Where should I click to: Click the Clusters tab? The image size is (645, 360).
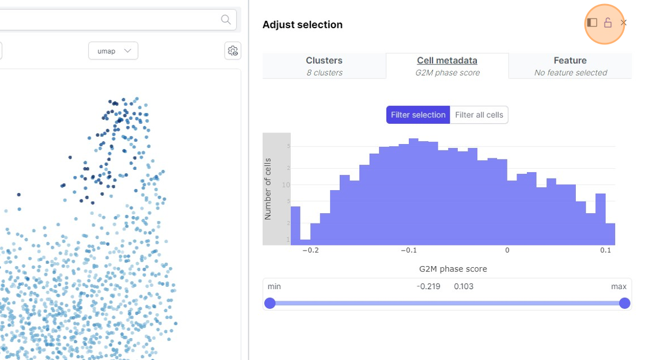(x=324, y=66)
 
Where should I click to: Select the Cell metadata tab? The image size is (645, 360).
(x=447, y=66)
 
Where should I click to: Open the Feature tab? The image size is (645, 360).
(x=570, y=66)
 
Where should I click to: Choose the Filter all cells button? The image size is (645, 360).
(x=479, y=115)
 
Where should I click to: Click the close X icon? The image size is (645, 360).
(x=624, y=23)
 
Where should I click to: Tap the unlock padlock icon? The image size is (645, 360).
(x=608, y=23)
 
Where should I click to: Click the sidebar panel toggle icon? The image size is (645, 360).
(x=592, y=23)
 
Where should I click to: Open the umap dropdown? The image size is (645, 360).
(x=113, y=51)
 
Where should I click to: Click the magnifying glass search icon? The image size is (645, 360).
(x=226, y=20)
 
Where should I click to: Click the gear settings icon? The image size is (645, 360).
(x=233, y=51)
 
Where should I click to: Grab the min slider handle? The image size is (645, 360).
(x=270, y=303)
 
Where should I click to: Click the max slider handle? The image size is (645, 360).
(x=625, y=303)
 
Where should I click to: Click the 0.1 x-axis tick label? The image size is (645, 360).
(x=605, y=251)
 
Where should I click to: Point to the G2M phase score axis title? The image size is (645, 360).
(x=453, y=269)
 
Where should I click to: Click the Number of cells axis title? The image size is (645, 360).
(x=268, y=188)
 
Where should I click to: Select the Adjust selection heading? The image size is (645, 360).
(x=302, y=25)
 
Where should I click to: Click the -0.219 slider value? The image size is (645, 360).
(x=428, y=286)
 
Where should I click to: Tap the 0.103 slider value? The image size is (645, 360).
(x=464, y=286)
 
